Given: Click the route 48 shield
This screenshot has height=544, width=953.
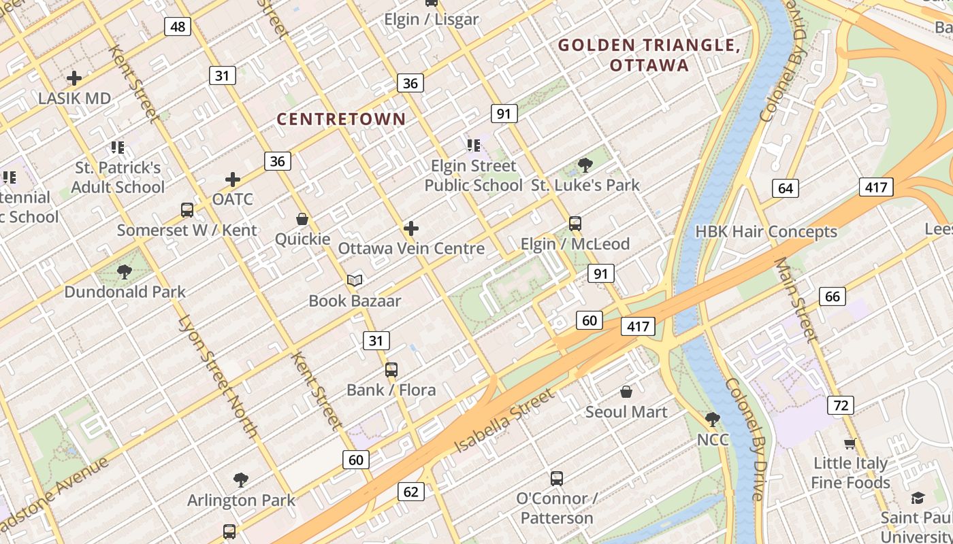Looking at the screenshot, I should click(x=178, y=27).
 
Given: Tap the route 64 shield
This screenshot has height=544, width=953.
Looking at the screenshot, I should click(x=786, y=188).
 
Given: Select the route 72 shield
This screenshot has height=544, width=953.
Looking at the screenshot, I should click(x=841, y=406).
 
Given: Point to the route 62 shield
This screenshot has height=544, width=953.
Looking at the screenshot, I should click(x=410, y=492).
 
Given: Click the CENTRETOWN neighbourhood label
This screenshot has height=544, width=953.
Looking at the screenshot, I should click(x=341, y=119).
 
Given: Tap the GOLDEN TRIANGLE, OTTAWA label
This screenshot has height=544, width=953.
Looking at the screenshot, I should click(x=649, y=55).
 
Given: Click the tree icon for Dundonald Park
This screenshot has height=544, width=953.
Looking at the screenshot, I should click(x=124, y=273).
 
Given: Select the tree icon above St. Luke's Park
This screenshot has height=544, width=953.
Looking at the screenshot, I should click(x=585, y=165).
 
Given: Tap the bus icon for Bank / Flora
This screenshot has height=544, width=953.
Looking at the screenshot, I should click(x=391, y=370).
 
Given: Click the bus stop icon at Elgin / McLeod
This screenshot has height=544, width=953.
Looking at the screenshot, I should click(x=575, y=224).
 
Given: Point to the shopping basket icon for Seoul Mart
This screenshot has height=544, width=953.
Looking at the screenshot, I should click(x=626, y=392).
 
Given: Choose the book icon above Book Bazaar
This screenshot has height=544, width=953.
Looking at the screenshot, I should click(x=355, y=280).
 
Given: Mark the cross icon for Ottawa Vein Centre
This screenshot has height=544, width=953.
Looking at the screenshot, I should click(x=411, y=228).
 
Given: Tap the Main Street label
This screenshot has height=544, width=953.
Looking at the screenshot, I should click(x=795, y=299).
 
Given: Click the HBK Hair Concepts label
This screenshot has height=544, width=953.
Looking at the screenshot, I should click(x=766, y=232).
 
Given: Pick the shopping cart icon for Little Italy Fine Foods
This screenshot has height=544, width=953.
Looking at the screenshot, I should click(x=850, y=444).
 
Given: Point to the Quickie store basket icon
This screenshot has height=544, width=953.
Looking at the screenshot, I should click(x=302, y=219).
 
